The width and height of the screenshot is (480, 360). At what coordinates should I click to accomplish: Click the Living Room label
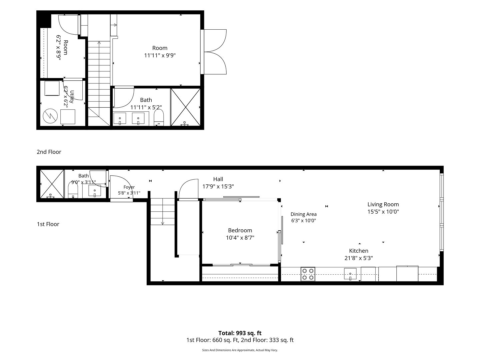(x=383, y=204)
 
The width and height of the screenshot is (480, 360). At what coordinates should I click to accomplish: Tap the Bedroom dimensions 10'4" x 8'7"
(x=240, y=238)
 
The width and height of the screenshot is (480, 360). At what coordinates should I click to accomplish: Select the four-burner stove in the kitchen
(x=308, y=274)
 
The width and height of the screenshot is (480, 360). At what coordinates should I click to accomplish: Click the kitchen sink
(x=350, y=274)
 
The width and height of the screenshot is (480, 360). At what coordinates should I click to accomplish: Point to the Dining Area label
(x=304, y=214)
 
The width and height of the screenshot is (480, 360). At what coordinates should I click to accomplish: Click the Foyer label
(x=129, y=187)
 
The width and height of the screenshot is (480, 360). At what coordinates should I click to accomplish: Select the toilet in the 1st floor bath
(x=73, y=190)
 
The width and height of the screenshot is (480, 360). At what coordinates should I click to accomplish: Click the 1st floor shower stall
(x=52, y=184)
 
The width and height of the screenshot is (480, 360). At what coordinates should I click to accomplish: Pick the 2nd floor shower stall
(x=185, y=107)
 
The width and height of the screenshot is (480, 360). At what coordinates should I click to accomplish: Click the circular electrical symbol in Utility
(x=50, y=116)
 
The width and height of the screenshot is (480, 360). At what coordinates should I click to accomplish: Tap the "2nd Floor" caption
(x=49, y=152)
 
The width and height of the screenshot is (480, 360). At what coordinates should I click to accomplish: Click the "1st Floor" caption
(x=48, y=224)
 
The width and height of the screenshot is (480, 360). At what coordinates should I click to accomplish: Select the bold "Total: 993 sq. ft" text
(x=240, y=333)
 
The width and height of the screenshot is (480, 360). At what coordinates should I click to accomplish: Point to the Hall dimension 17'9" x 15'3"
(x=218, y=186)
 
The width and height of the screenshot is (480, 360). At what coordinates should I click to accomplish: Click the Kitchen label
(x=359, y=251)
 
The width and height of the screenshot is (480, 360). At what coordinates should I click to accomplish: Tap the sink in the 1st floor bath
(x=95, y=191)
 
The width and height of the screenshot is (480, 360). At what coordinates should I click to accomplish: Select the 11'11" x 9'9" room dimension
(x=160, y=55)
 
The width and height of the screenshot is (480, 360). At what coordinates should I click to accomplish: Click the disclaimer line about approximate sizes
(x=240, y=350)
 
